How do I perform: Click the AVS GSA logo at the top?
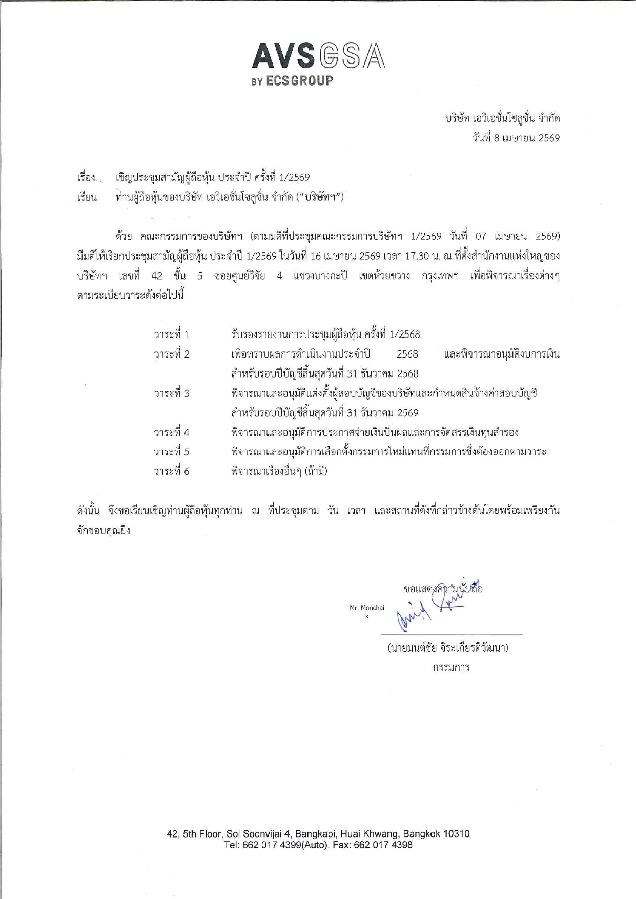[318, 57]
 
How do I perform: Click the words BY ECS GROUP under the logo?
[292, 81]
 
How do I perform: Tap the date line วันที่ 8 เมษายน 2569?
[516, 138]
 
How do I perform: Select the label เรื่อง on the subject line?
[87, 178]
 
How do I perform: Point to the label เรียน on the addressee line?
[87, 197]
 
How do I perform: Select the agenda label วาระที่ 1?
[172, 334]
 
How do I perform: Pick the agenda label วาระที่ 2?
[172, 354]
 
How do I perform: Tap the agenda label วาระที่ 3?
[172, 393]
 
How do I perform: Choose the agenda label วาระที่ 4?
[172, 433]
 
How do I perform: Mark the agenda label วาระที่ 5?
[172, 452]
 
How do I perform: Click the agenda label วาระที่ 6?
[172, 472]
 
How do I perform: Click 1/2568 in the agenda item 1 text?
[404, 334]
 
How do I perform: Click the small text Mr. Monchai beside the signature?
[366, 608]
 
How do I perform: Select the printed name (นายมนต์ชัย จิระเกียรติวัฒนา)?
[448, 648]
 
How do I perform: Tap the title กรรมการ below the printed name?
[451, 668]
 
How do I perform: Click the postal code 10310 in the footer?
[456, 834]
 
